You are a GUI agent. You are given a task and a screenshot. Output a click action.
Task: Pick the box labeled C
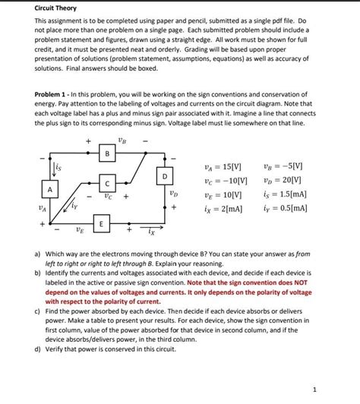pyautogui.click(x=108, y=183)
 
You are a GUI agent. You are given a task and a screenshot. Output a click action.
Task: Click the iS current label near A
pyautogui.click(x=58, y=165)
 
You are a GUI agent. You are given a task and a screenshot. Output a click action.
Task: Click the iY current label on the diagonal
pyautogui.click(x=73, y=204)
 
